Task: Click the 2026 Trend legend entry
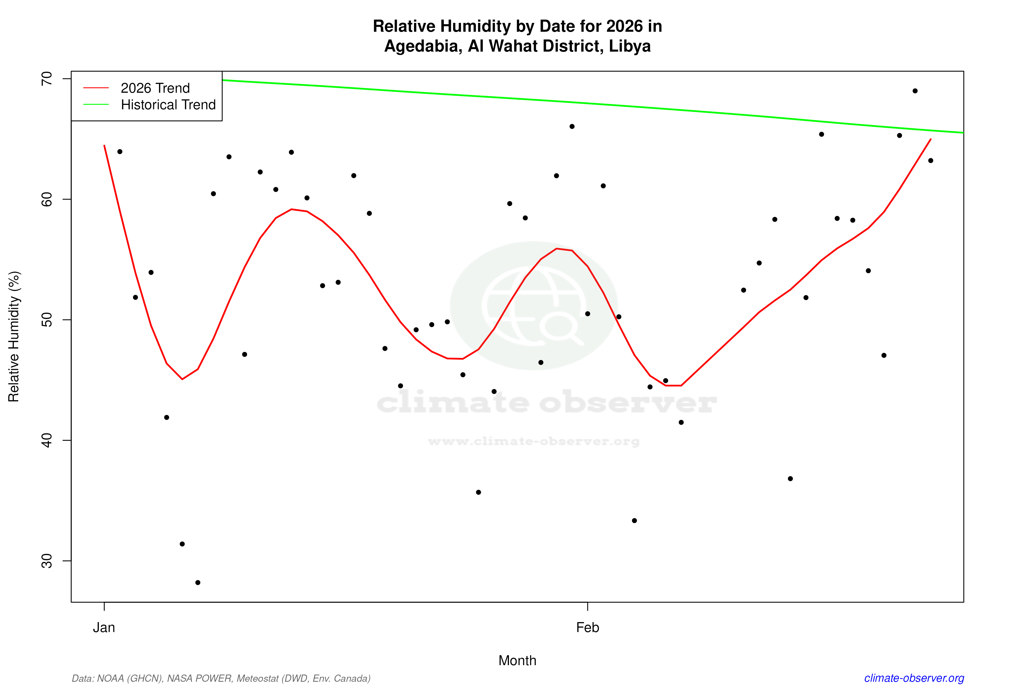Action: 155,88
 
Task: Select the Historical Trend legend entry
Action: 168,105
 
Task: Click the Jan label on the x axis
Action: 104,628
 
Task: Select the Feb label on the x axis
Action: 588,628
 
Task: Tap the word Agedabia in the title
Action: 423,46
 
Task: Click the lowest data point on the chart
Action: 198,583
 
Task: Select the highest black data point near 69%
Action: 915,91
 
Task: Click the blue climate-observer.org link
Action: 914,678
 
